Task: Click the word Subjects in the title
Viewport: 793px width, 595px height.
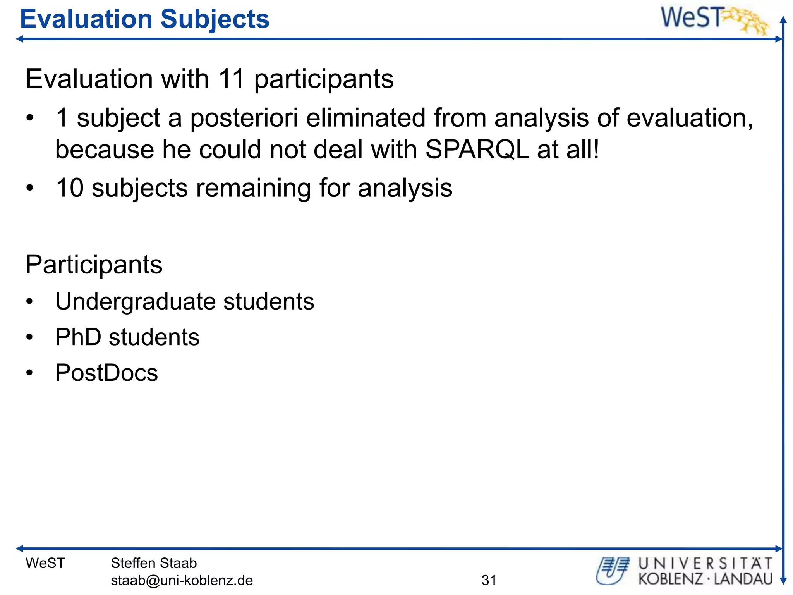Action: click(x=215, y=20)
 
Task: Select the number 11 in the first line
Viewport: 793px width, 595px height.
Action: click(x=231, y=79)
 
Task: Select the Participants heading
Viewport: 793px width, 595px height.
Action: click(x=94, y=265)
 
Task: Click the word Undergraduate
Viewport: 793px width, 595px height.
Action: click(x=136, y=302)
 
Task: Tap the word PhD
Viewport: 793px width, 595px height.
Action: click(x=78, y=337)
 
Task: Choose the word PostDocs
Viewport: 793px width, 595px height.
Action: click(x=106, y=373)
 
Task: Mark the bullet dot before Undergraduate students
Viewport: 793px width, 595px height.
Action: click(x=30, y=302)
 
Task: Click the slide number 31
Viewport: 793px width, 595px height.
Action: click(x=489, y=580)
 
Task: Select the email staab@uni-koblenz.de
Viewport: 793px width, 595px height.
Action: click(x=182, y=580)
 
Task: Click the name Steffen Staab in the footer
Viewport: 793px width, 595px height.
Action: click(x=154, y=563)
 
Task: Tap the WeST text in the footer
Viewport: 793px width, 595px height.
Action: click(x=45, y=563)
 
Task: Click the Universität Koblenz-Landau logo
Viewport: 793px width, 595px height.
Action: click(x=684, y=571)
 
